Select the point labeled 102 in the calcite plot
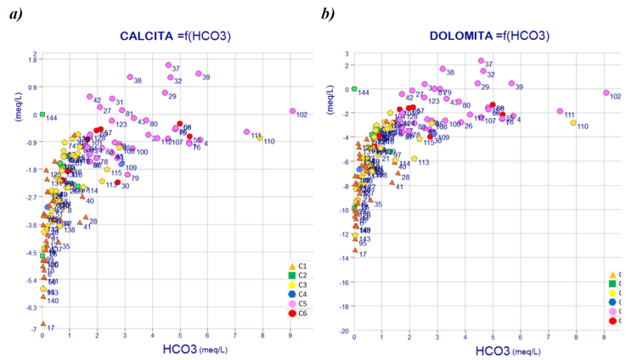[x=291, y=111]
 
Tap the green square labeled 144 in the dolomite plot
[x=354, y=88]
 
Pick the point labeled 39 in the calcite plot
[x=198, y=74]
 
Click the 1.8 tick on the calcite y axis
[x=33, y=59]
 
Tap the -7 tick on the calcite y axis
[x=35, y=328]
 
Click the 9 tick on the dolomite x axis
[x=604, y=338]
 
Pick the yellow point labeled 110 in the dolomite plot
[x=573, y=122]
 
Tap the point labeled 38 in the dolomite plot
[x=443, y=69]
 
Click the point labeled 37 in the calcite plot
[x=168, y=65]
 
